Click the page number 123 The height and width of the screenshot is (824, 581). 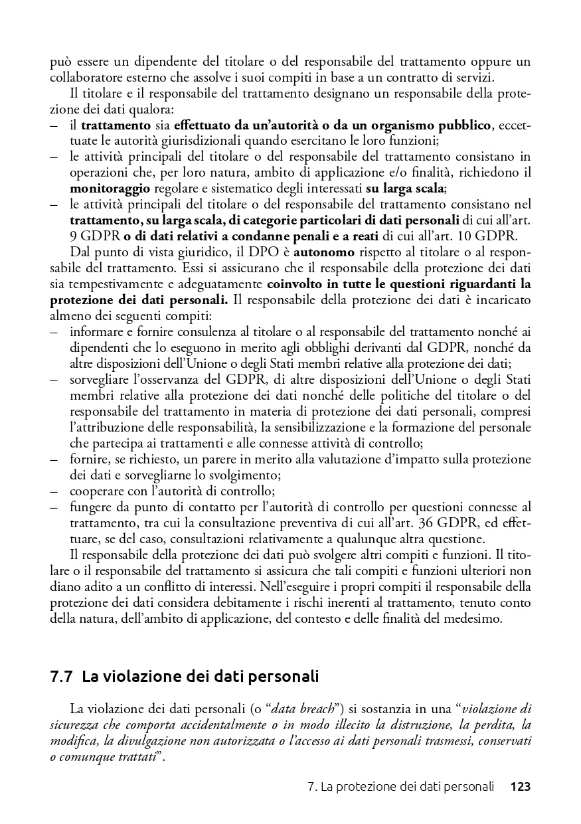tap(520, 787)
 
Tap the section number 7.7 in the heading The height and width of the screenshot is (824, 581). tap(61, 677)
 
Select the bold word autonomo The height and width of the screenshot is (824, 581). tap(325, 253)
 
